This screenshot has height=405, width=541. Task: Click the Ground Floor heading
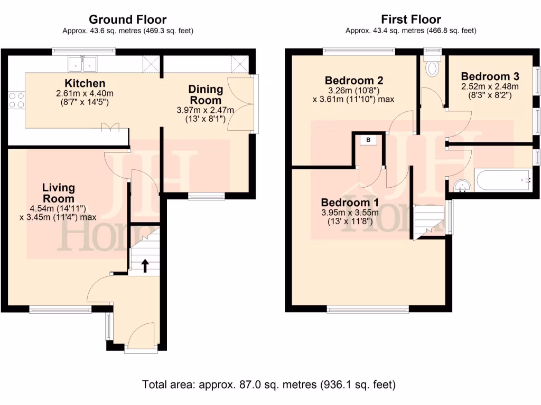tap(127, 20)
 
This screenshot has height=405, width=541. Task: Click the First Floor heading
tap(411, 20)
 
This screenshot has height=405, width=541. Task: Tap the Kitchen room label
tap(85, 83)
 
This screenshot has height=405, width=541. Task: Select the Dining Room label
tap(206, 95)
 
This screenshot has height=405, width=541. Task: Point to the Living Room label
tap(59, 193)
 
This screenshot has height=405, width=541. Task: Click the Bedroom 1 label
tap(350, 202)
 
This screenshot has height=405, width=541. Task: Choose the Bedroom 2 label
tap(353, 81)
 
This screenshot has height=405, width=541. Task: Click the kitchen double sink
tap(83, 64)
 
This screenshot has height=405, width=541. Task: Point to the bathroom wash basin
tap(463, 185)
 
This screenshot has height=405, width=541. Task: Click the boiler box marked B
tap(368, 140)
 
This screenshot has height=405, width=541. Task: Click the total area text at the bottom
tap(269, 384)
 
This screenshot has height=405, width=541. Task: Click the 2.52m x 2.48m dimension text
tap(490, 86)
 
